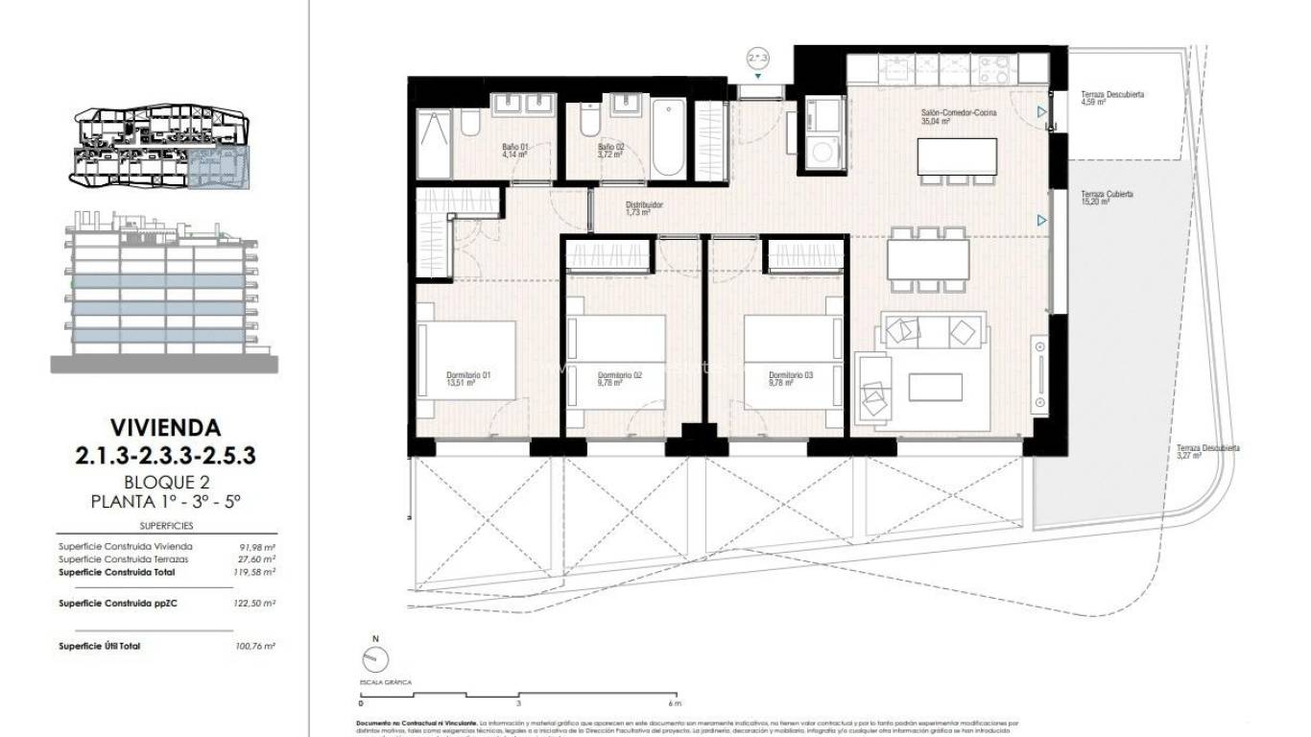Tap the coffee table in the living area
coord(935,387)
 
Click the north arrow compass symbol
coord(376,659)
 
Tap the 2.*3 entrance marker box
coord(758,59)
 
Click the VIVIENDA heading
coord(165,427)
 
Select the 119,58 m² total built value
coord(255,572)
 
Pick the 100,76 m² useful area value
coord(255,647)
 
